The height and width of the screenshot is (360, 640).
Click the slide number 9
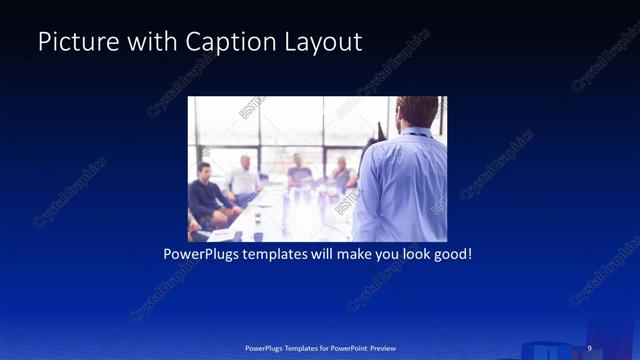(589, 347)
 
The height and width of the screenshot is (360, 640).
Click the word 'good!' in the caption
(451, 254)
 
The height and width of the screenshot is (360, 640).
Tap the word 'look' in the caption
(408, 254)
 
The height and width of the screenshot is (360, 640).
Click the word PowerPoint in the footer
(346, 347)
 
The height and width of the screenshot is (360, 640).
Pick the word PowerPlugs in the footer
(268, 347)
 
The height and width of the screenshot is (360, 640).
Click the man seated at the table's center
(298, 172)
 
